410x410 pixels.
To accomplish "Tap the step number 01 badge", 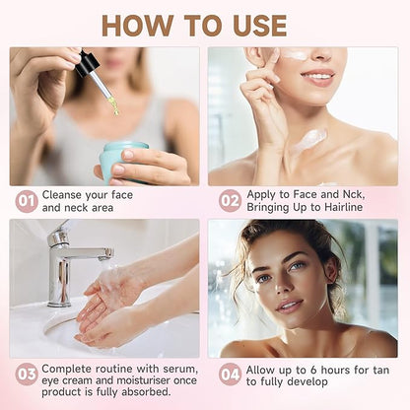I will click(27, 201).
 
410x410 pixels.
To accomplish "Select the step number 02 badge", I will click(230, 201).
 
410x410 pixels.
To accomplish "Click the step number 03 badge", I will click(27, 374).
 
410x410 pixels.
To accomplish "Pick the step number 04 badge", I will click(230, 374).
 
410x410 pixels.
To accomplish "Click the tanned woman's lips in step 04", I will click(288, 306).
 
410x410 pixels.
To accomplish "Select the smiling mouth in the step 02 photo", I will click(318, 78).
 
